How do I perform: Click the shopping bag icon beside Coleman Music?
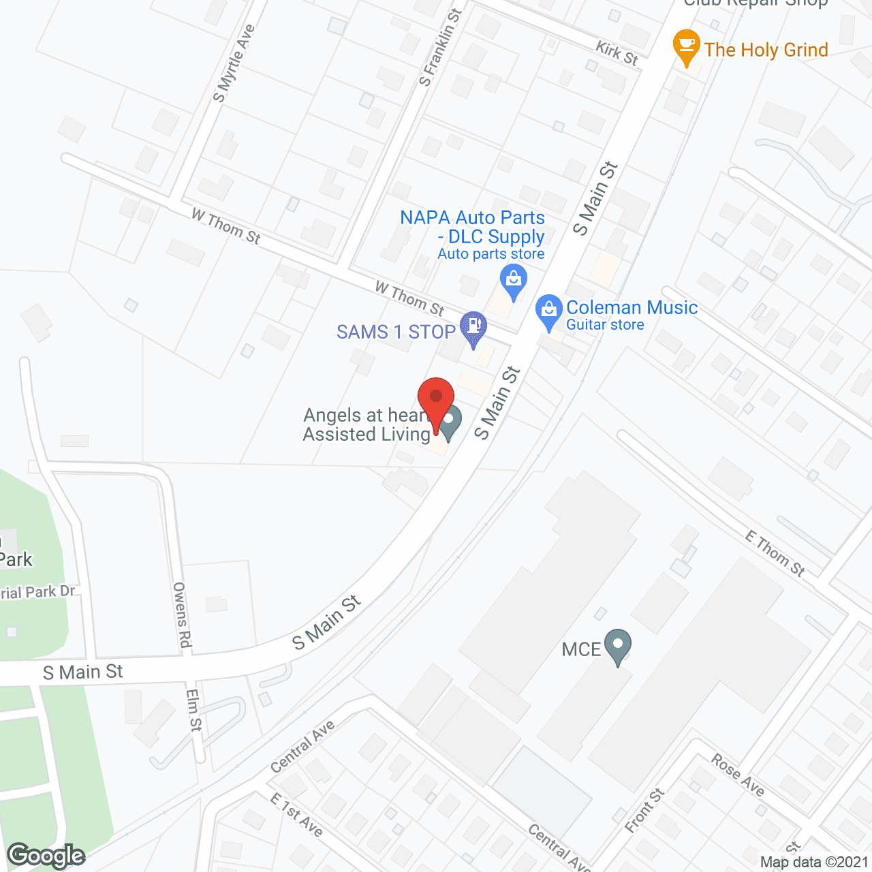click(549, 311)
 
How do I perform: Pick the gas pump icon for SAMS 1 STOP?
click(473, 327)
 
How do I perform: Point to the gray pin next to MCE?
click(618, 645)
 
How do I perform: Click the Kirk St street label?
click(617, 53)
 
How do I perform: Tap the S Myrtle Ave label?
click(234, 63)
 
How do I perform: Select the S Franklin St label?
click(441, 48)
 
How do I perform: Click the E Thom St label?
click(775, 554)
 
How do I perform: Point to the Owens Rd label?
click(182, 614)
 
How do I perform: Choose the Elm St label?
click(195, 710)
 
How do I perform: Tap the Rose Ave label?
click(738, 775)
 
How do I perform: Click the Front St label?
click(644, 810)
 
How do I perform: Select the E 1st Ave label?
click(296, 814)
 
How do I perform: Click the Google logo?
click(46, 856)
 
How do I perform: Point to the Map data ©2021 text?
click(814, 862)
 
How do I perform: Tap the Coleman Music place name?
click(632, 307)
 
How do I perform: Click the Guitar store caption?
click(605, 325)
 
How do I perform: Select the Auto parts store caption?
click(490, 254)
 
